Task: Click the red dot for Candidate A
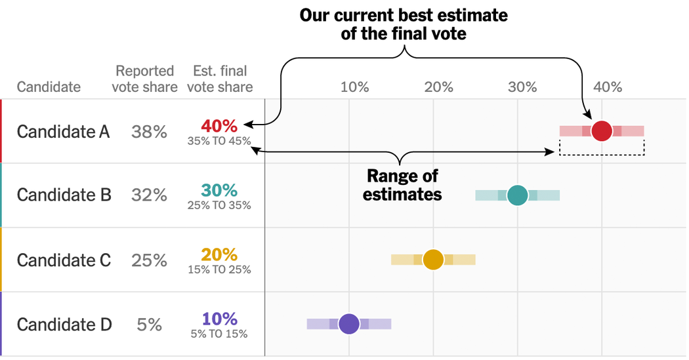pyautogui.click(x=602, y=130)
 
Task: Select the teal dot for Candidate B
pyautogui.click(x=518, y=195)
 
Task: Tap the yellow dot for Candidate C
pyautogui.click(x=433, y=260)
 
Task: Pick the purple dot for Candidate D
pyautogui.click(x=349, y=324)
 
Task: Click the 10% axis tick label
pyautogui.click(x=354, y=87)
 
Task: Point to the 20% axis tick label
pyautogui.click(x=438, y=87)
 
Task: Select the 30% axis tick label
pyautogui.click(x=523, y=87)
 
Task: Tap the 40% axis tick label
pyautogui.click(x=607, y=87)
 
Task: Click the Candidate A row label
pyautogui.click(x=64, y=132)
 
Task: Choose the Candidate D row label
pyautogui.click(x=64, y=325)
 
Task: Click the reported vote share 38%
pyautogui.click(x=149, y=132)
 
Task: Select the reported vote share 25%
pyautogui.click(x=149, y=260)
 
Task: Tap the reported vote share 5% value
pyautogui.click(x=149, y=325)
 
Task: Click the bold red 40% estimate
pyautogui.click(x=219, y=126)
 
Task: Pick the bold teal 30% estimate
pyautogui.click(x=219, y=190)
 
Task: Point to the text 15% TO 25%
pyautogui.click(x=219, y=270)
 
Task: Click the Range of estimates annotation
pyautogui.click(x=402, y=185)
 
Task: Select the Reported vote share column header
pyautogui.click(x=144, y=79)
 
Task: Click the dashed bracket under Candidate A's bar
pyautogui.click(x=602, y=155)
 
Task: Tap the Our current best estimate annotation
pyautogui.click(x=404, y=24)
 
